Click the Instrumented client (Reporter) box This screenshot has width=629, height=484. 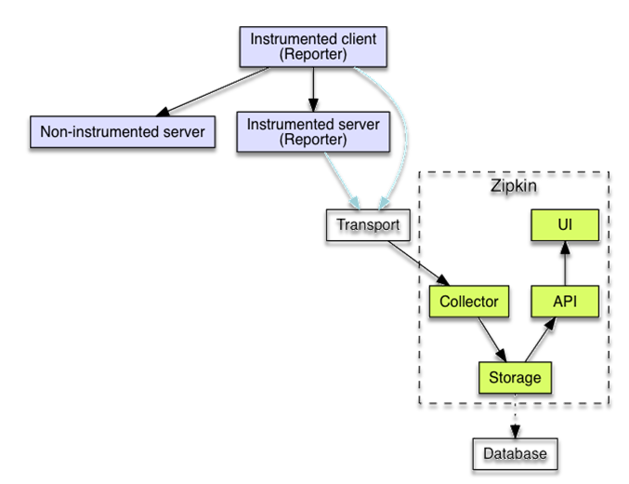pyautogui.click(x=313, y=47)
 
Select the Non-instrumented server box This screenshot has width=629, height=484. pyautogui.click(x=122, y=132)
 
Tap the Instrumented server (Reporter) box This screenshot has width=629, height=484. pyautogui.click(x=313, y=132)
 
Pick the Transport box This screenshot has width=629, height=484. pyautogui.click(x=367, y=225)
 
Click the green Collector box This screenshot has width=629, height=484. pyautogui.click(x=470, y=302)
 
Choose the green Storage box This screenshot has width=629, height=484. pyautogui.click(x=514, y=378)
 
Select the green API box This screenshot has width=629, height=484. pyautogui.click(x=562, y=302)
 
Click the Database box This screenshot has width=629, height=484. pyautogui.click(x=514, y=453)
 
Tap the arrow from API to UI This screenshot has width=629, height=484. pyautogui.click(x=562, y=264)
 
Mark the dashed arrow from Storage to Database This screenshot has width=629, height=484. pyautogui.click(x=514, y=415)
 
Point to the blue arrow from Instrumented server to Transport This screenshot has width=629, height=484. pyautogui.click(x=340, y=181)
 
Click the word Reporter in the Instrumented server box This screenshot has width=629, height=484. pyautogui.click(x=313, y=141)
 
